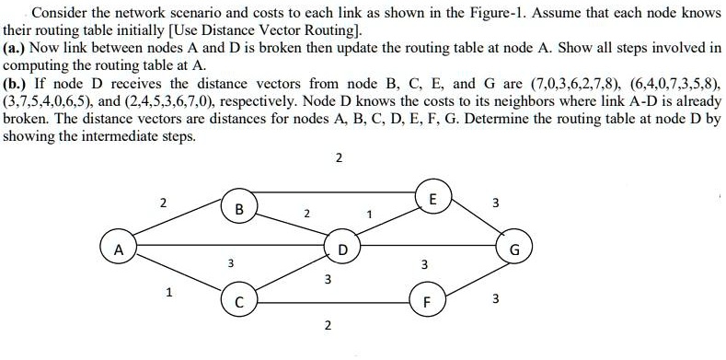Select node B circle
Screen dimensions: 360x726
pos(239,209)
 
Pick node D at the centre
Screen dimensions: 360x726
pos(342,249)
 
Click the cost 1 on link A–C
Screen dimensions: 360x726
pos(167,295)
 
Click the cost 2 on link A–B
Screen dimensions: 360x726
pos(164,203)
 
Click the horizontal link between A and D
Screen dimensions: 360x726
pos(230,247)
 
